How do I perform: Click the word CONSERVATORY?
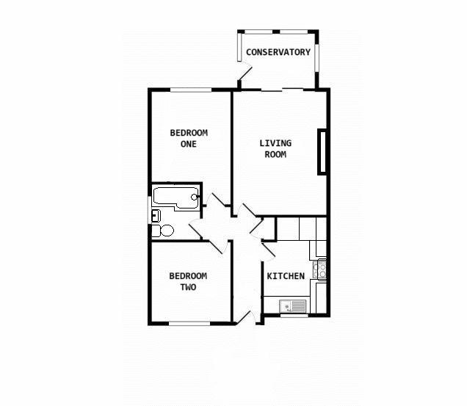point(278,52)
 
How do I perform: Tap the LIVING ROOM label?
point(275,148)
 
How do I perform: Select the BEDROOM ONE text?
point(189,138)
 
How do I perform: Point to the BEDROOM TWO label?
point(188,282)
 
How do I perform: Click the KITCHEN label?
point(285,276)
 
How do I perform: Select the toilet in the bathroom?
point(164,231)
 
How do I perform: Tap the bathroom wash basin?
point(155,215)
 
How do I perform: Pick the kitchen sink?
point(294,306)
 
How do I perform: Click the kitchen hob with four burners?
point(320,270)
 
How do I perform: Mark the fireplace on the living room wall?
point(322,152)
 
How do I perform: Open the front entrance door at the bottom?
point(247,316)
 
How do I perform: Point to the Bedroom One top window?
point(192,90)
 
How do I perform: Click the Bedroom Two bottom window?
point(190,322)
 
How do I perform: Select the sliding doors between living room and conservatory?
point(281,90)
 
